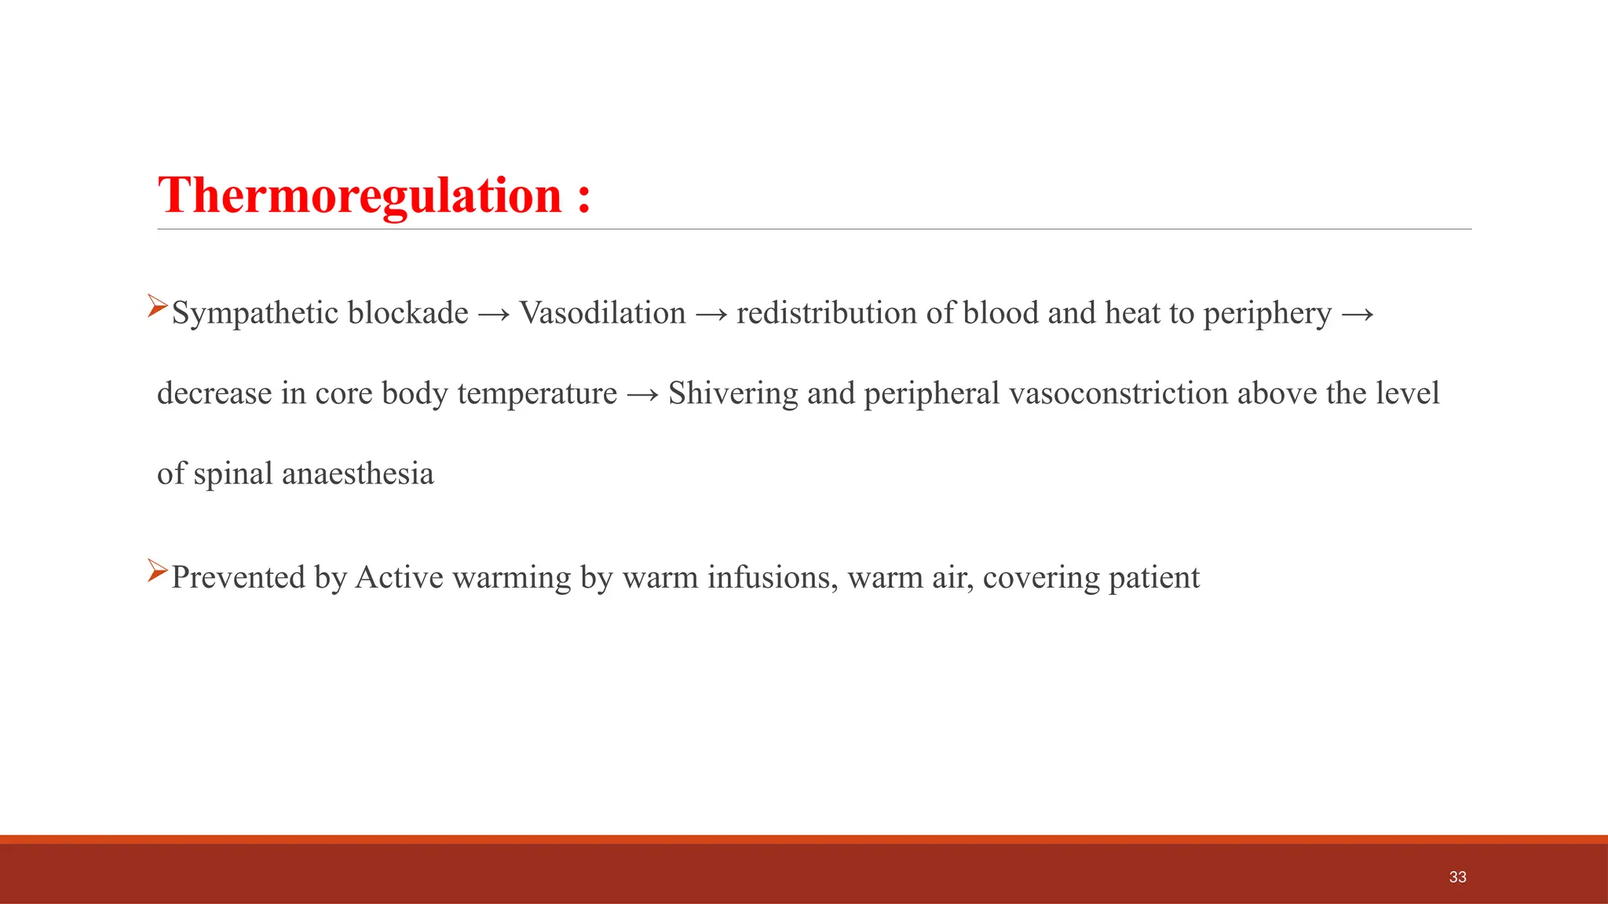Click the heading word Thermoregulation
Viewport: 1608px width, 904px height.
pos(360,195)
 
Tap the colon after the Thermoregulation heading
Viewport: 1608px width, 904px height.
pos(583,197)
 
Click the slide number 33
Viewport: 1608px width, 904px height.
pos(1457,877)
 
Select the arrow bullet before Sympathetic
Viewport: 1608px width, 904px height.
pos(158,306)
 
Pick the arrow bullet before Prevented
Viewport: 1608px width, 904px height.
pos(158,570)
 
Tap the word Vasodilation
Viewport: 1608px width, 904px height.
pos(602,313)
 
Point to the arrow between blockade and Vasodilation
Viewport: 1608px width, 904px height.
pos(494,315)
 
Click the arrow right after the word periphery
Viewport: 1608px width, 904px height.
pos(1358,315)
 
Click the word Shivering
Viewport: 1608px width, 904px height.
pos(733,393)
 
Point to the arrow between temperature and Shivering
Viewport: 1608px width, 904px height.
pos(643,395)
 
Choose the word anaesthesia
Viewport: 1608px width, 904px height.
pos(357,474)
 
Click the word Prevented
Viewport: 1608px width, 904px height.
pos(238,578)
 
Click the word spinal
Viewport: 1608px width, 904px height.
pos(233,475)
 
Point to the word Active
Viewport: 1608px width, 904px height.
pos(400,578)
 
